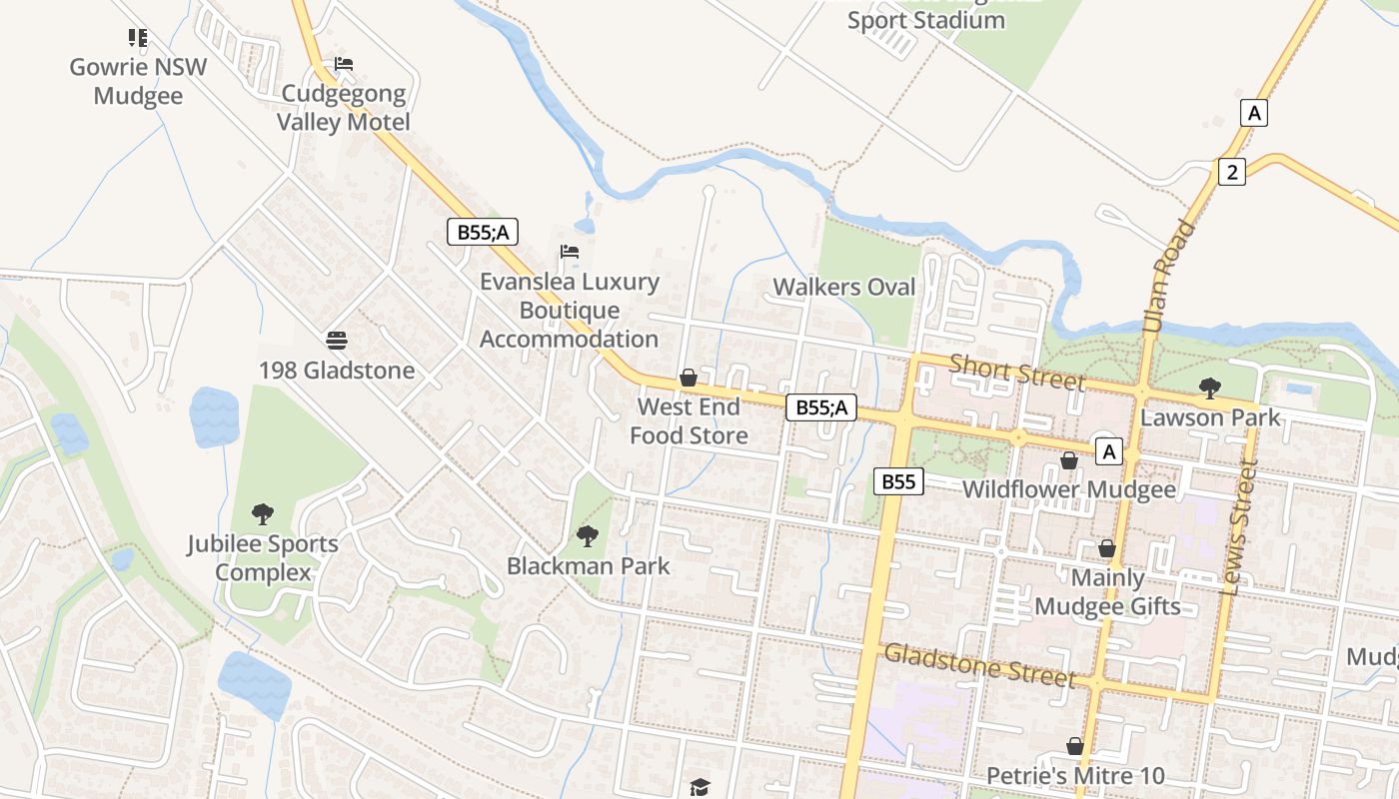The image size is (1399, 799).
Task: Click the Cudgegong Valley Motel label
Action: [344, 108]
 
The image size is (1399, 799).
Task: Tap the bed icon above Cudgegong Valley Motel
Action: [344, 64]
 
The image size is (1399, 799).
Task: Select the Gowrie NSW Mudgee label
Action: [138, 82]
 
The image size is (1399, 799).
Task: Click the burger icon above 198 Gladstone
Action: [337, 341]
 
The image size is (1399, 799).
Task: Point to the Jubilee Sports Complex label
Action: [264, 558]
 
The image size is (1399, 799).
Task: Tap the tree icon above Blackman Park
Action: [588, 536]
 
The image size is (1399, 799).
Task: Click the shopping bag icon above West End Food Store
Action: [689, 378]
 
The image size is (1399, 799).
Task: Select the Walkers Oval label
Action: [844, 288]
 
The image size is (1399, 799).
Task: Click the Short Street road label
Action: [1016, 373]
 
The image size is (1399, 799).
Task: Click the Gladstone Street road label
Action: [980, 665]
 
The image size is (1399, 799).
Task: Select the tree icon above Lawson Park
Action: [1209, 388]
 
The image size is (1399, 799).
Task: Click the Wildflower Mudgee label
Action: [1068, 489]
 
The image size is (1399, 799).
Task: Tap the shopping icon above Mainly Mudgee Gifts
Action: [1107, 548]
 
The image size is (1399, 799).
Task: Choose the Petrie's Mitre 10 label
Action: [1075, 776]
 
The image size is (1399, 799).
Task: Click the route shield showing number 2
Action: [1232, 172]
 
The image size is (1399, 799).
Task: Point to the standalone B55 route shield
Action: [898, 482]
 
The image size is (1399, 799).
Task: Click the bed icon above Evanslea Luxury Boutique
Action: [570, 252]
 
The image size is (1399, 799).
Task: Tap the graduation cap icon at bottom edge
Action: [699, 787]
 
